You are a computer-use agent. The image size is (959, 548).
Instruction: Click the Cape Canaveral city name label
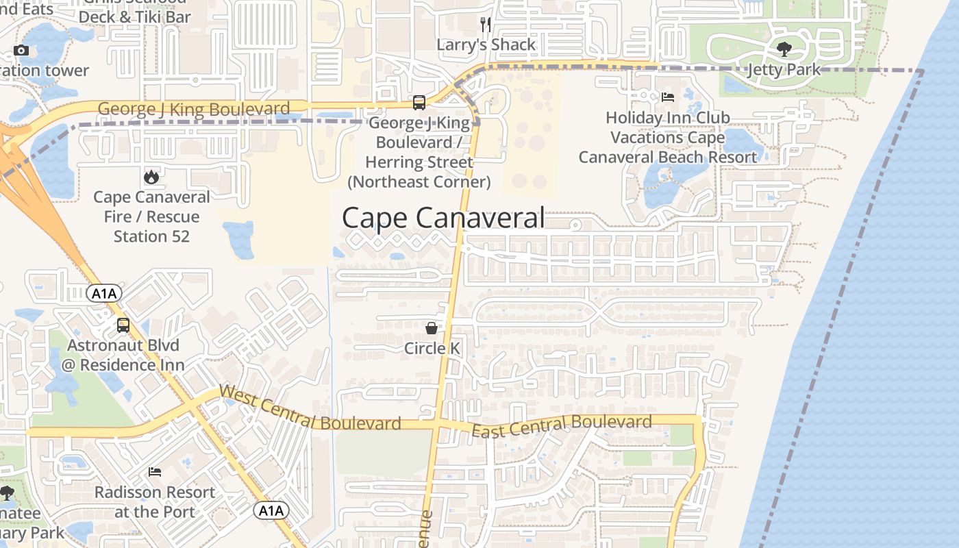443,218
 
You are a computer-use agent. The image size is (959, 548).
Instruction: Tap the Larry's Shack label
486,45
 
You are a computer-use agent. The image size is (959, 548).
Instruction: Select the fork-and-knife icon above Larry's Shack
486,25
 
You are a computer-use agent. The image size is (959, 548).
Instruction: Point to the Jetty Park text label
784,70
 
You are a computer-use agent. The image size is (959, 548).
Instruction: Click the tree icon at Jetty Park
784,49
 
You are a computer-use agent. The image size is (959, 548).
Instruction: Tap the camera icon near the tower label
21,50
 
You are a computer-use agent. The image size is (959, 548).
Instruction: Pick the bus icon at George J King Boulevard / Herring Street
419,103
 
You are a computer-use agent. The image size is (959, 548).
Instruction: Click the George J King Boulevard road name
194,109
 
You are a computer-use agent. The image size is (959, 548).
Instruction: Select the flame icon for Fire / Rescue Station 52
151,177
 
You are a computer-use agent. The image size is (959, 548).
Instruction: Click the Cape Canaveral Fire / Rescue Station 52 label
151,216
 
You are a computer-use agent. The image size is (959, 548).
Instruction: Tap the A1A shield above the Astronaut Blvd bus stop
104,294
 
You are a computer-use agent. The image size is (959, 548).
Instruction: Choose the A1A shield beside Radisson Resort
271,510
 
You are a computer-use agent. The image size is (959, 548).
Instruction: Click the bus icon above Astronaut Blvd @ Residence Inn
123,325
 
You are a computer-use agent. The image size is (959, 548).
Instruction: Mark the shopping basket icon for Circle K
432,328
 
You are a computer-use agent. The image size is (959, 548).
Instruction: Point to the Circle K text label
432,348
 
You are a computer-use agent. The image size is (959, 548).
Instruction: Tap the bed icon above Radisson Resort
155,472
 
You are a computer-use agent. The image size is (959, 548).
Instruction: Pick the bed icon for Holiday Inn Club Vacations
668,97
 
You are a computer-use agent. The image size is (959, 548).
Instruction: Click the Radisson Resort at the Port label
155,501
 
